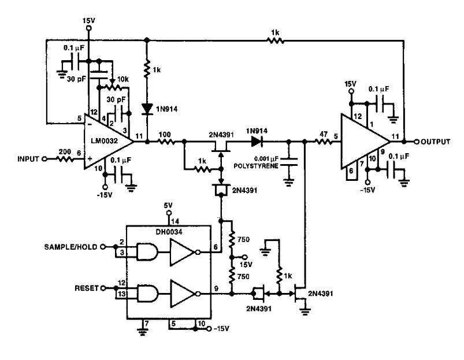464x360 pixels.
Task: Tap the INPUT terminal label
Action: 27,158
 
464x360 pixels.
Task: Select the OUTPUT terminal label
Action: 436,142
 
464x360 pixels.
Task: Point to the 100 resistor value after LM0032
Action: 164,134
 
